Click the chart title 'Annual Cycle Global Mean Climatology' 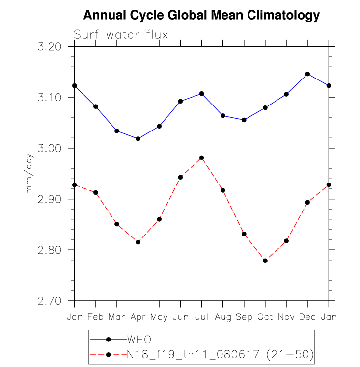click(201, 16)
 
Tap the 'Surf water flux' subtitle click(121, 35)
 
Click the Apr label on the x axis click(138, 317)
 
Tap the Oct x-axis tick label click(265, 317)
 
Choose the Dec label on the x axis click(307, 317)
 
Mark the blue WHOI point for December click(307, 74)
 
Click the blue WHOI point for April click(138, 139)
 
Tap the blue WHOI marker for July click(201, 93)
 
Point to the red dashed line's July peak click(201, 157)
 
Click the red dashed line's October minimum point click(265, 261)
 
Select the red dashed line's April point click(138, 242)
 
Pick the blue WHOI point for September click(244, 120)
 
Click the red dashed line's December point click(307, 202)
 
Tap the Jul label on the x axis click(201, 317)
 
